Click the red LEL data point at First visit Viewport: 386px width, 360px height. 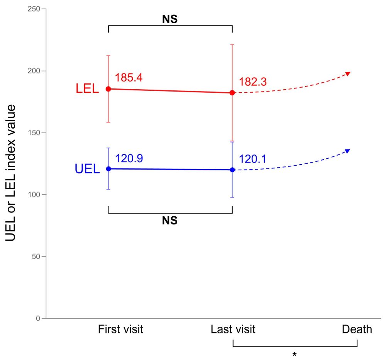pyautogui.click(x=108, y=89)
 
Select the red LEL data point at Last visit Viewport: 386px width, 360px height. pyautogui.click(x=232, y=93)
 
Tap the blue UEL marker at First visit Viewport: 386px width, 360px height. pyautogui.click(x=108, y=169)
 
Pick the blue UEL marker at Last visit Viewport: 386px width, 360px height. pyautogui.click(x=232, y=170)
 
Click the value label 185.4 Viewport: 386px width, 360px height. pyautogui.click(x=129, y=78)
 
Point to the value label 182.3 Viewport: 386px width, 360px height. pyautogui.click(x=252, y=82)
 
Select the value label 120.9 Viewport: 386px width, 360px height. pyautogui.click(x=129, y=158)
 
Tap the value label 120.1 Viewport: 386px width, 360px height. pyautogui.click(x=252, y=159)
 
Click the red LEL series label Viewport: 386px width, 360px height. pyautogui.click(x=87, y=89)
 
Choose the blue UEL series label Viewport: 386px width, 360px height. pyautogui.click(x=87, y=169)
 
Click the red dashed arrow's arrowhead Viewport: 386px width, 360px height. pyautogui.click(x=348, y=73)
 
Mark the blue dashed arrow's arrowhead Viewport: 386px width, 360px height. pyautogui.click(x=348, y=151)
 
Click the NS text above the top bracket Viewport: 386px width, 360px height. pyautogui.click(x=170, y=19)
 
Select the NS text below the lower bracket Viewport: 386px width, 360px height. pyautogui.click(x=170, y=221)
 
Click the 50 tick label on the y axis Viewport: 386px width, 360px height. pyautogui.click(x=37, y=256)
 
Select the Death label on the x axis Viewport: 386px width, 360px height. pyautogui.click(x=357, y=329)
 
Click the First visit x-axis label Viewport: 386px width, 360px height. pyautogui.click(x=120, y=329)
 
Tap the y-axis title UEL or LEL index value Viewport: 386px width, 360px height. pyautogui.click(x=13, y=172)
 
